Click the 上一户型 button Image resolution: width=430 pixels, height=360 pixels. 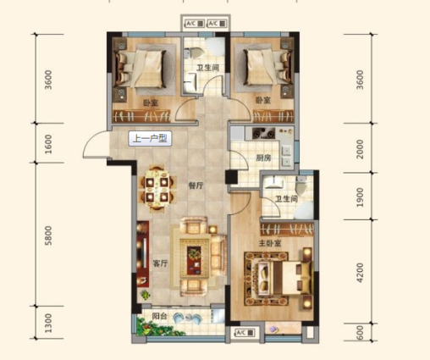point(150,139)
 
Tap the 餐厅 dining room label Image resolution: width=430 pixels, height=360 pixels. point(196,186)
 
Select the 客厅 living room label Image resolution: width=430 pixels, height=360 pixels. point(160,263)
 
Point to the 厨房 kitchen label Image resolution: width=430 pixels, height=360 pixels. point(263,158)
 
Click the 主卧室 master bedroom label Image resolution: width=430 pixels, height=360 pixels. point(270,243)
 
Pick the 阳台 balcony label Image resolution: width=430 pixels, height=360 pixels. point(160,317)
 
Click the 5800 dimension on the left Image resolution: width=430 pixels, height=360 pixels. point(48,235)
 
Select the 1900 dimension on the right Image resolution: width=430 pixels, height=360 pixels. point(360,197)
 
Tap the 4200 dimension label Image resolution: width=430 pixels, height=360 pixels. point(360,273)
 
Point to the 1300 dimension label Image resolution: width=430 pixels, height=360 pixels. point(48,323)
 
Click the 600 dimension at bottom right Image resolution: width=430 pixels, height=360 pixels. point(360,333)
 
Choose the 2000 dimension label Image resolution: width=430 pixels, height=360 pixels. point(360,149)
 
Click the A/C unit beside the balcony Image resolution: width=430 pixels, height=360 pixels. point(245,333)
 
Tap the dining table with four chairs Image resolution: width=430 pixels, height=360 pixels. point(157,189)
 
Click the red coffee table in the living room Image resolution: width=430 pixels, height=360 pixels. point(194,261)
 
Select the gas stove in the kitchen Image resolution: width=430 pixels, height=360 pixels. point(263,133)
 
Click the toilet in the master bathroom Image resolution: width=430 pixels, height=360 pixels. point(300,185)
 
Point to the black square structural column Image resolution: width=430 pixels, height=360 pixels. point(231,177)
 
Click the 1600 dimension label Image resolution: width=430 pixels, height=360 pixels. point(48,144)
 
